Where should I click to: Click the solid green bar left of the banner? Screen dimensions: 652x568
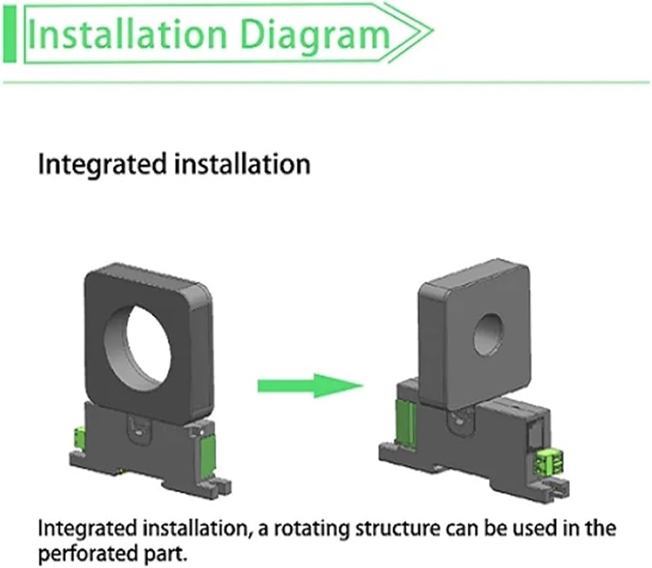pos(9,35)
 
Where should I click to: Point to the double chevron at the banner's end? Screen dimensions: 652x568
pos(409,33)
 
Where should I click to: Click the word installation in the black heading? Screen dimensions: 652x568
pos(243,164)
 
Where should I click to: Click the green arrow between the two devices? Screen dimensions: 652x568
pos(310,385)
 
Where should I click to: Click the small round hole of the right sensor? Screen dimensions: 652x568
pos(488,335)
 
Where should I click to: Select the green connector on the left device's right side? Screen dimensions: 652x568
pos(207,452)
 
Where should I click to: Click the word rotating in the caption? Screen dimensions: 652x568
pos(312,529)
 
